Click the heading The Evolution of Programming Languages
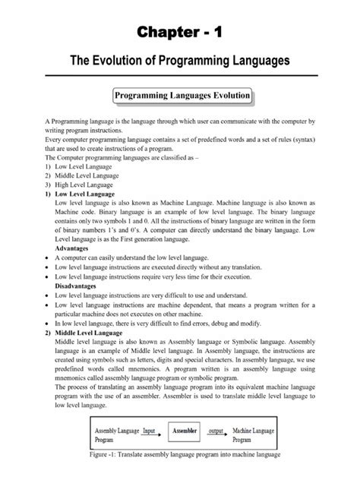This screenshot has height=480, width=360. [180, 60]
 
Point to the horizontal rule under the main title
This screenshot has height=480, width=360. [180, 75]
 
